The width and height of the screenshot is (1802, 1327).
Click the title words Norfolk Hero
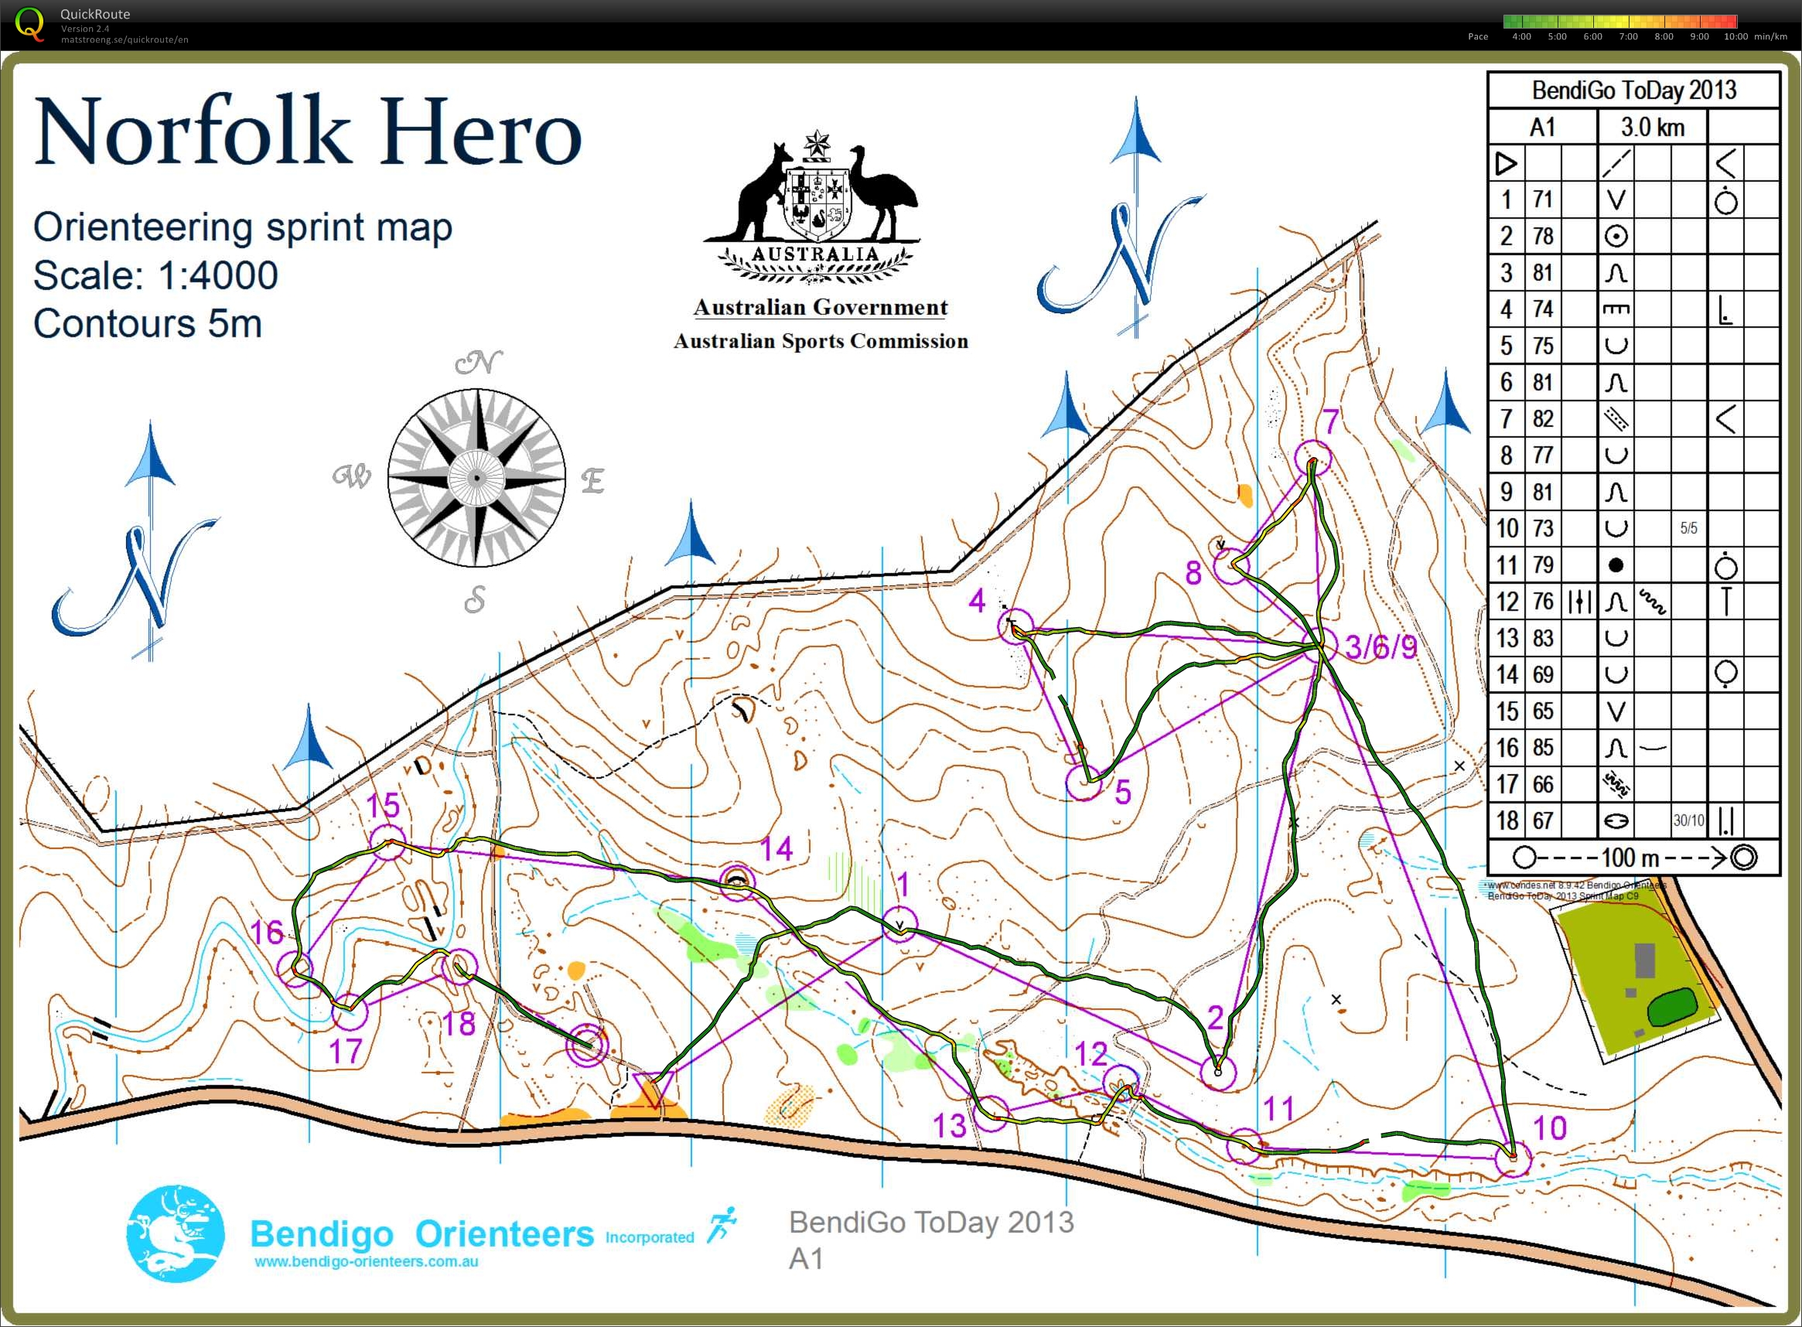(308, 130)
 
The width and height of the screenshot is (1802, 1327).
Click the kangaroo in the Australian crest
(760, 193)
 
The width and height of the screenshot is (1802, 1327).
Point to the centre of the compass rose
(476, 478)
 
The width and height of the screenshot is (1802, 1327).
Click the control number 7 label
(1331, 421)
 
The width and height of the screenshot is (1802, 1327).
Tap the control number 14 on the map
(776, 849)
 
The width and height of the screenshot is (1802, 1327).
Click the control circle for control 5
(1083, 783)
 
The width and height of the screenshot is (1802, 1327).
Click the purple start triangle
(651, 1090)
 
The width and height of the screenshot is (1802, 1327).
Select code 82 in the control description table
(1541, 418)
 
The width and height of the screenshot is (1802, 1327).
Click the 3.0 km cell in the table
(1652, 127)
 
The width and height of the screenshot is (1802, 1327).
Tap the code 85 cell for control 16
(1541, 748)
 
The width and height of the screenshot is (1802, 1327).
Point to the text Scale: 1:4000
(156, 275)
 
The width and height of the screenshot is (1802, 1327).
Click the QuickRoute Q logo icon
(29, 23)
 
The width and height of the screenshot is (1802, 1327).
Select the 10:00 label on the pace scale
(1735, 37)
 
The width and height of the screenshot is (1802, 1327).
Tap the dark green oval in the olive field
(1671, 1007)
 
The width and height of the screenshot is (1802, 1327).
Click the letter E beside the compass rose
(592, 481)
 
